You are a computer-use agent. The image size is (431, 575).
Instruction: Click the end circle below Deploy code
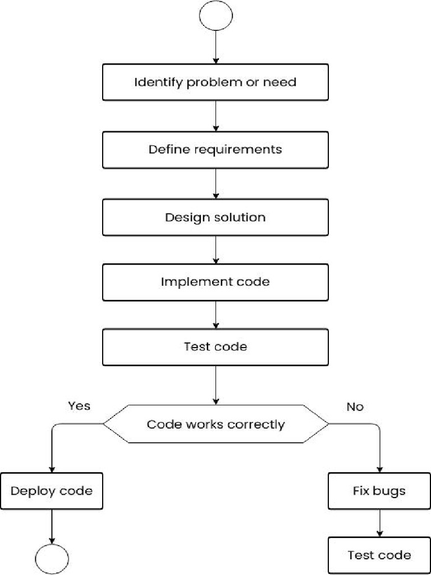click(52, 559)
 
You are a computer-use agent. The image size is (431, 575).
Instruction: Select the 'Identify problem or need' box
click(215, 82)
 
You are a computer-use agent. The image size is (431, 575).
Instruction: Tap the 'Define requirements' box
click(215, 150)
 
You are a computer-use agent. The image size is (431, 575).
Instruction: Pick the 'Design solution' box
click(215, 217)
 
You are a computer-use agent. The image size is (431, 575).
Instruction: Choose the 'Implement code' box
click(215, 282)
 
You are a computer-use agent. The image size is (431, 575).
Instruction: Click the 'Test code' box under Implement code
click(215, 347)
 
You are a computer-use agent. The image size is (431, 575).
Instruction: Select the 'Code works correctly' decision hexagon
click(215, 425)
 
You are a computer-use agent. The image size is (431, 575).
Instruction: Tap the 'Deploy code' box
click(52, 491)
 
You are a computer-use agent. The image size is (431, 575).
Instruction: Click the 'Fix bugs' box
click(379, 491)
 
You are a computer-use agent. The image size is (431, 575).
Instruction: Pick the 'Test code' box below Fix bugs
click(379, 555)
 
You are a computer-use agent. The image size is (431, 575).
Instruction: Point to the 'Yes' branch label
click(79, 405)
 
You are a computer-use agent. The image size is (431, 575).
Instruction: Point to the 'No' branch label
click(355, 407)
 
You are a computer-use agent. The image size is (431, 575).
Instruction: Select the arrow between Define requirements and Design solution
click(215, 184)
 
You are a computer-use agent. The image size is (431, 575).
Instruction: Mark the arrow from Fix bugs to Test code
click(379, 523)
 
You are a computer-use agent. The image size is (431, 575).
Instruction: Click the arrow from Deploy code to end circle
click(52, 526)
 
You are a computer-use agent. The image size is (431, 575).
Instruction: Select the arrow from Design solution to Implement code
click(215, 250)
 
